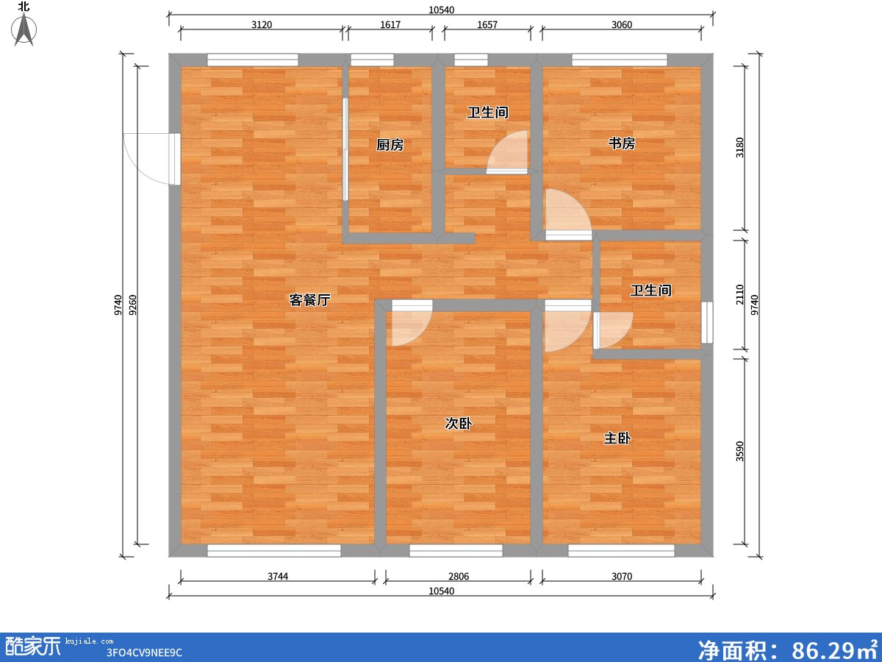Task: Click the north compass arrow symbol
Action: pos(24,29)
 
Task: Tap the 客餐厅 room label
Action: pos(309,300)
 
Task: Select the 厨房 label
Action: pos(390,145)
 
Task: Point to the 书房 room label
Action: pos(621,143)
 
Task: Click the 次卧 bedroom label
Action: pos(458,423)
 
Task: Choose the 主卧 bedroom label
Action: pos(617,438)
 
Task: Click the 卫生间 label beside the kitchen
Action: pos(487,113)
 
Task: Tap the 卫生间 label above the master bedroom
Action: pos(650,291)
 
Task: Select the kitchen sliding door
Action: pos(345,149)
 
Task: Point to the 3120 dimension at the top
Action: pos(262,25)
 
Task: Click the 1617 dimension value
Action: pos(390,25)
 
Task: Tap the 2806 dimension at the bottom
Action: pos(459,577)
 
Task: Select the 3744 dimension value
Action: pos(278,577)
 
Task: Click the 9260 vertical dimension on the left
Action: pos(133,305)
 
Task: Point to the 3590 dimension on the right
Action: pos(739,451)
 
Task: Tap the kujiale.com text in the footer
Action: pos(89,641)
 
